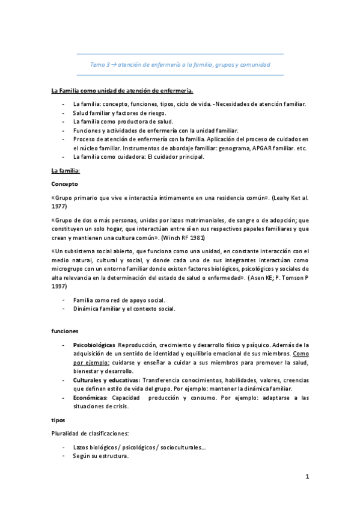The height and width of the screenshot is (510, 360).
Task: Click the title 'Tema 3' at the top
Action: pos(99,64)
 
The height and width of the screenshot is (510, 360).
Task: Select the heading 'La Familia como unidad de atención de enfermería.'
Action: pos(122,91)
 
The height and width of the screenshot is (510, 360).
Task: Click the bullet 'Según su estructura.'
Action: pos(100,457)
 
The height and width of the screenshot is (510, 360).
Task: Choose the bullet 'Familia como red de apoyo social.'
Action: pos(118,300)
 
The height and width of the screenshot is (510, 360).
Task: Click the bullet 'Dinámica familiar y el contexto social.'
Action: pos(124,309)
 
